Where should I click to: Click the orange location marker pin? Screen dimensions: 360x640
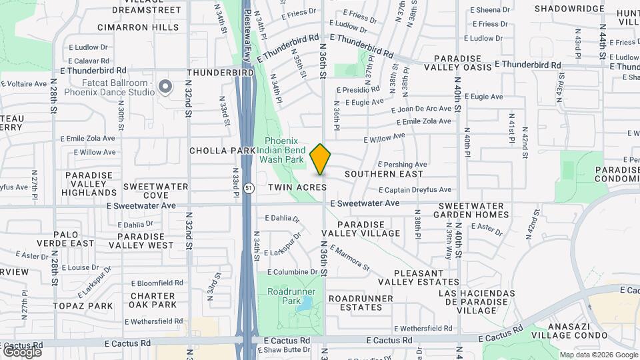tap(320, 159)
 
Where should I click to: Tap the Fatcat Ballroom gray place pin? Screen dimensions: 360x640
tap(165, 87)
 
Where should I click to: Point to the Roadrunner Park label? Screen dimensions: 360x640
tap(291, 297)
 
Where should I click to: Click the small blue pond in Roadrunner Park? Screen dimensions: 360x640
tap(305, 305)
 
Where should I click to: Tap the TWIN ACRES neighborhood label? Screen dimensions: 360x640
tap(297, 188)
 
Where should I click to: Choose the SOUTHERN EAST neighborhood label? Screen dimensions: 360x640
tap(384, 174)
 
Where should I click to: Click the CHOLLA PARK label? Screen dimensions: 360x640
tap(223, 151)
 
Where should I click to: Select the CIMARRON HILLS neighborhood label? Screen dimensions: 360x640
tap(138, 27)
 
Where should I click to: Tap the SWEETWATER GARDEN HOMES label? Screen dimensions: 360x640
tap(473, 210)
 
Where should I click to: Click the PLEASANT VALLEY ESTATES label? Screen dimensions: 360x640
tap(427, 278)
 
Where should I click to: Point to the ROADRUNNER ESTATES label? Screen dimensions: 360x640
tap(361, 302)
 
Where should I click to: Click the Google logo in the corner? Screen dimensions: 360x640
tap(22, 351)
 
